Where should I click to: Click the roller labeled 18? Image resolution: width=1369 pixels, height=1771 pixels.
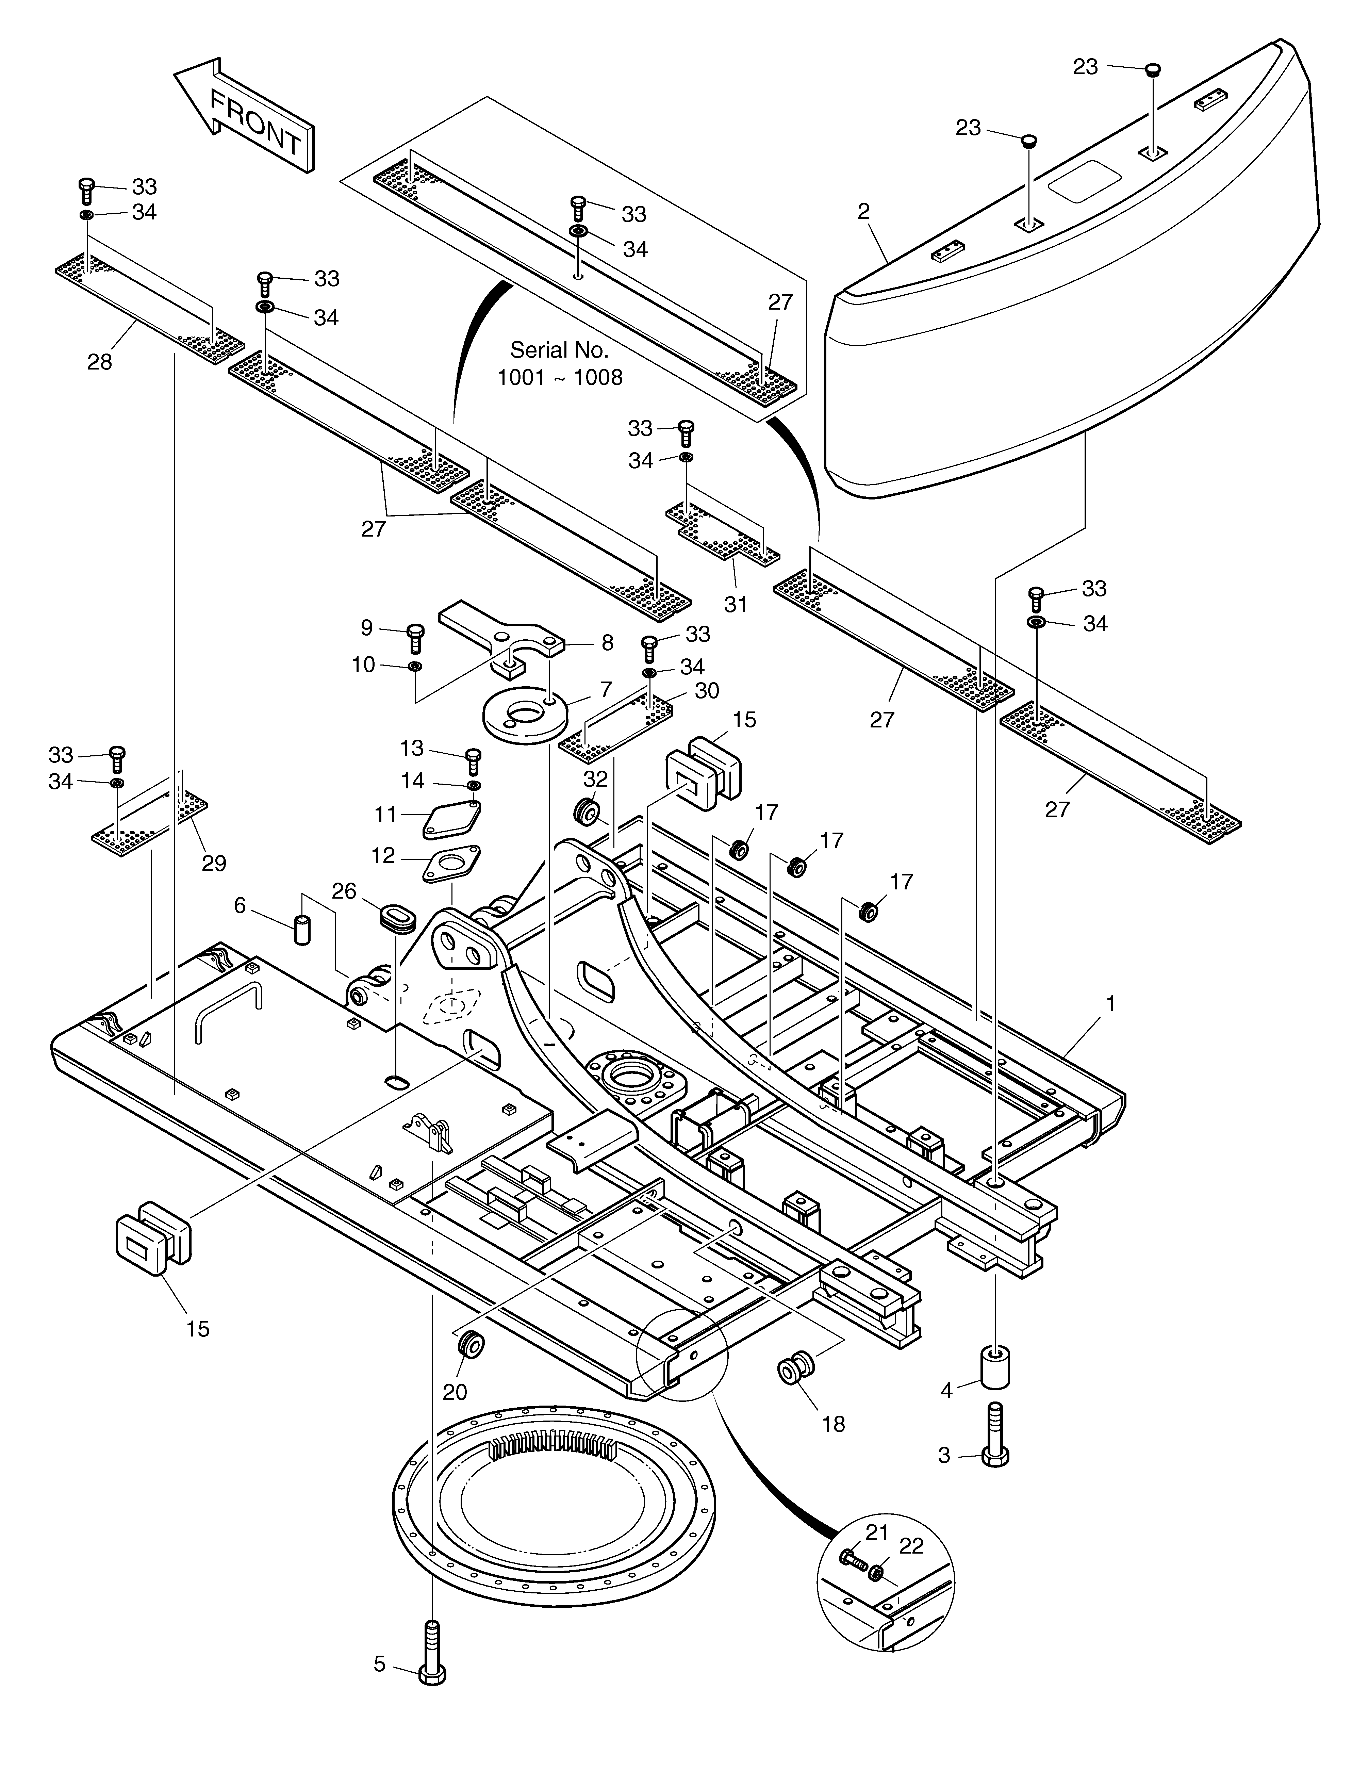click(793, 1366)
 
